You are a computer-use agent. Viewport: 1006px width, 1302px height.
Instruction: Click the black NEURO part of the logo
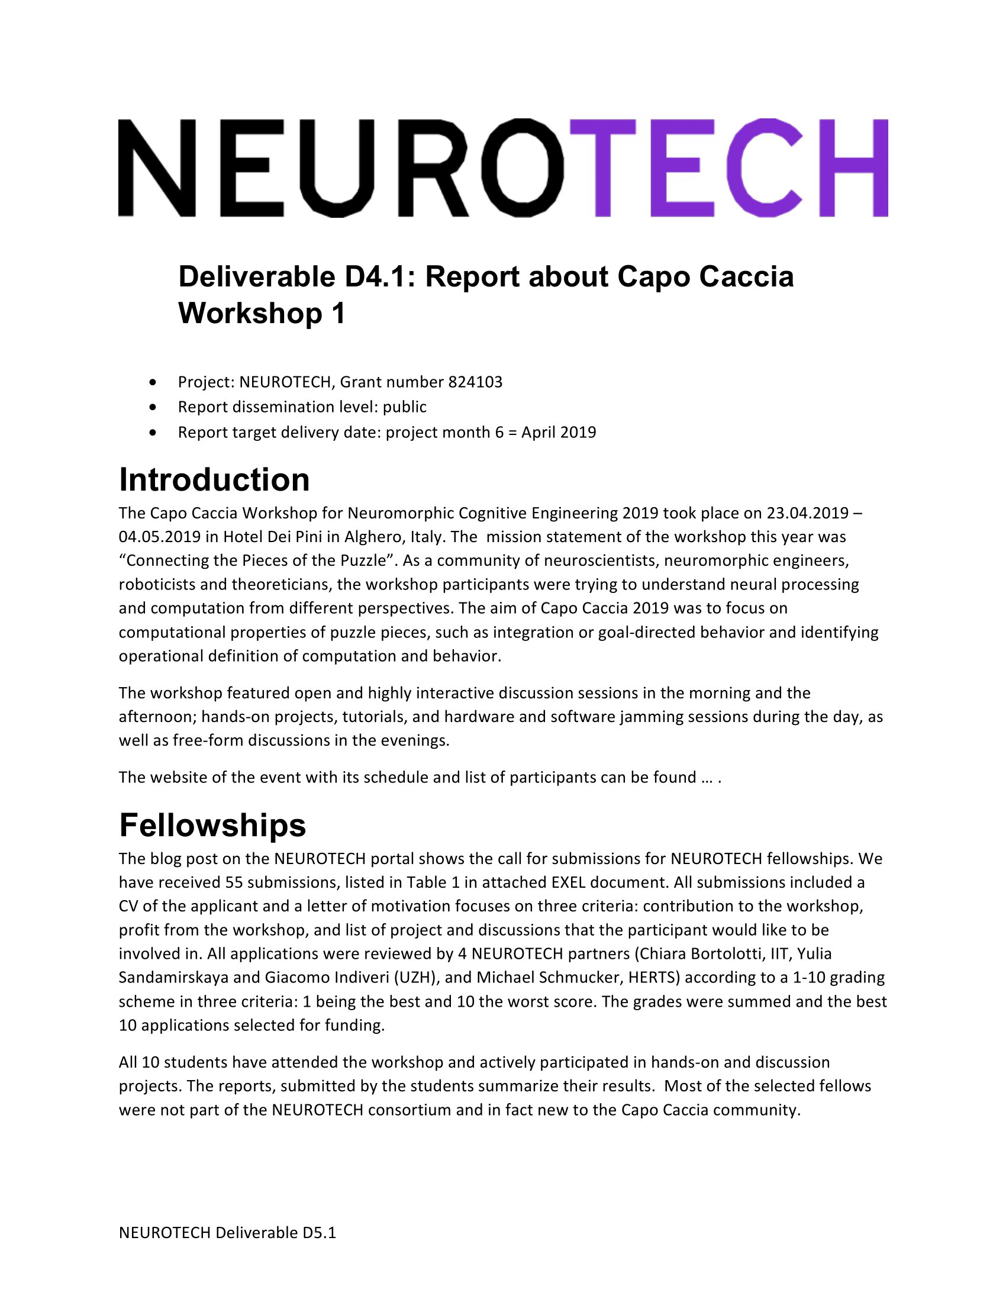(341, 167)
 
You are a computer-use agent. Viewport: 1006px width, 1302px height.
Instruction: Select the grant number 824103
(475, 382)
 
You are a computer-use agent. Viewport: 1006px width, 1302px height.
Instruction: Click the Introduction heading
(214, 480)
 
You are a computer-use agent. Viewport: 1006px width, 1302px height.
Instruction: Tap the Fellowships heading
(212, 825)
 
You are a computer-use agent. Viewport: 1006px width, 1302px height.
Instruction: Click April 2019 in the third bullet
(559, 432)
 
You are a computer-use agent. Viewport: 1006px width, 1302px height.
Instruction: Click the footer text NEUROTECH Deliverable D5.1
(227, 1233)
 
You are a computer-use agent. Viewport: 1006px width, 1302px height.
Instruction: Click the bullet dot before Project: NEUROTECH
(154, 382)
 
